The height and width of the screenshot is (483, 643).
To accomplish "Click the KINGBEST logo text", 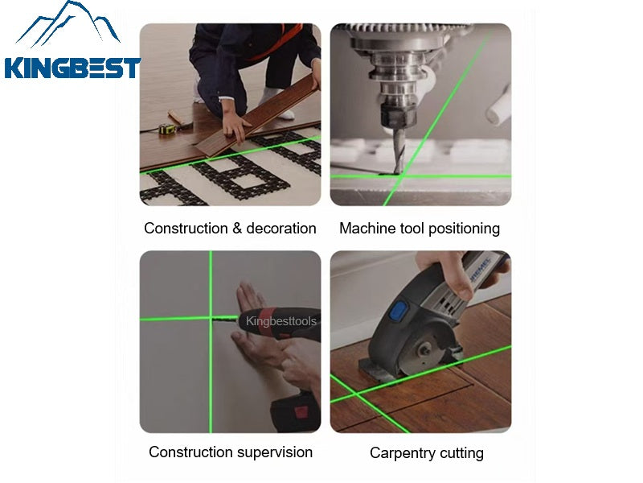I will pos(72,68).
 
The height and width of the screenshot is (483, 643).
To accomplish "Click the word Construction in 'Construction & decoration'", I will pos(185,229).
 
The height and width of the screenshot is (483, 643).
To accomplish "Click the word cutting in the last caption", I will pos(462,453).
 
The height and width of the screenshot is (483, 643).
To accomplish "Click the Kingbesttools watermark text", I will pos(281,321).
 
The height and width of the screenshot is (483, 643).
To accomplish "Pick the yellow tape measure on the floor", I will pos(169,128).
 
